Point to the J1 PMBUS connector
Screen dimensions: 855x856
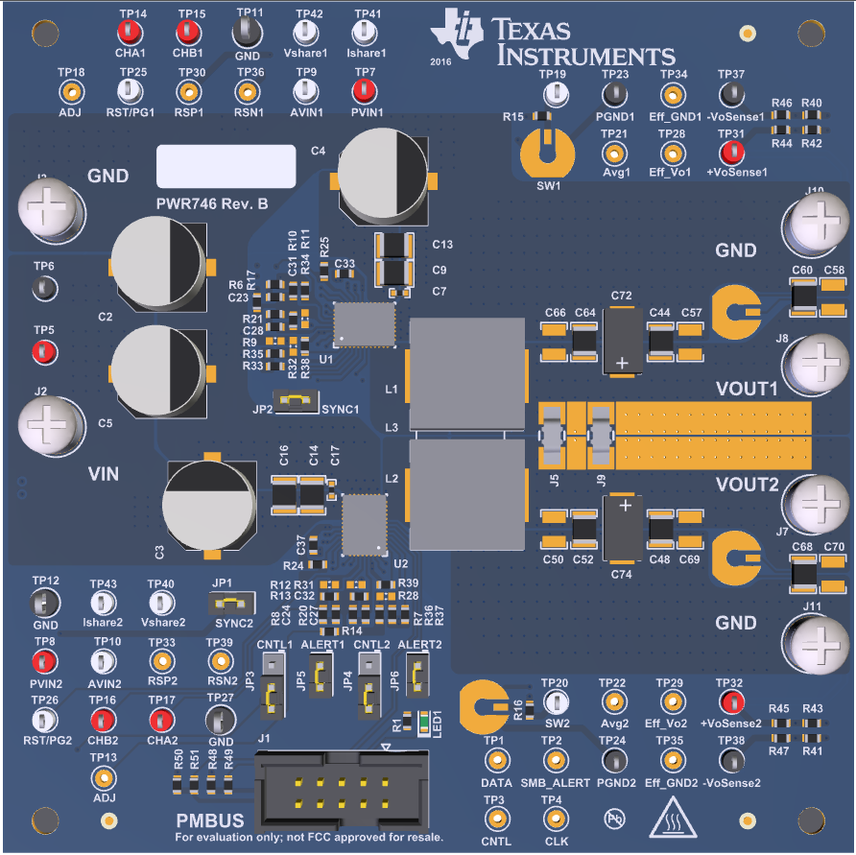[x=342, y=788]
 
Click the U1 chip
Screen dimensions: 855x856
[x=364, y=324]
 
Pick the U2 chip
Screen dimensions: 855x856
[x=364, y=524]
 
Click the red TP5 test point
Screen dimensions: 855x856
[x=43, y=351]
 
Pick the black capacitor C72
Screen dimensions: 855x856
[x=621, y=341]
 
